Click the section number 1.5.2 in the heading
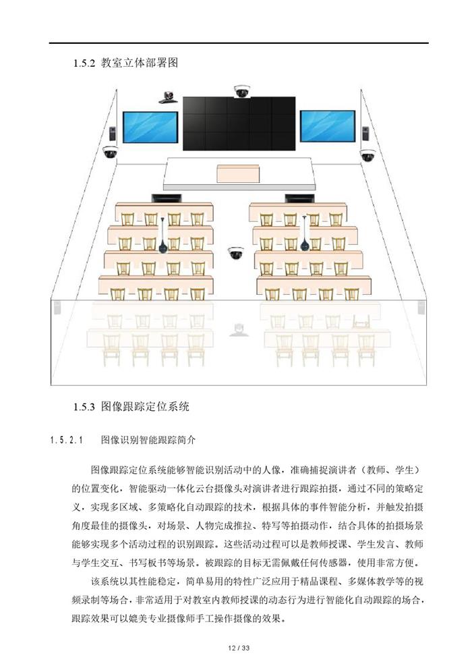84,63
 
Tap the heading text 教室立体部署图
139,63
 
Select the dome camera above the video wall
242,91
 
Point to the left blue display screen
150,127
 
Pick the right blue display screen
328,126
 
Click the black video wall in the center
239,123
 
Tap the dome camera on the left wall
110,152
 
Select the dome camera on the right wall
367,155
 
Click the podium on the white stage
239,173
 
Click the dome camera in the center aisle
235,253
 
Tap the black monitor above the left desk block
167,198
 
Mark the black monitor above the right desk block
299,198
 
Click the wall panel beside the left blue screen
113,134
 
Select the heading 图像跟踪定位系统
145,406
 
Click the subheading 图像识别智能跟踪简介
148,440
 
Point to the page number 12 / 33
239,648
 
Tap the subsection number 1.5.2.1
67,441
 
